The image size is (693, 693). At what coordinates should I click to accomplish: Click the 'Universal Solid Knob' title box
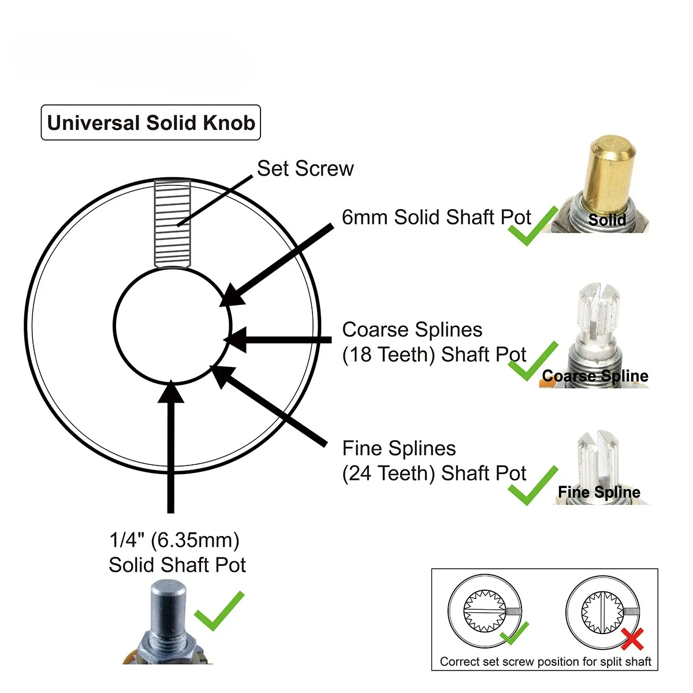pyautogui.click(x=151, y=122)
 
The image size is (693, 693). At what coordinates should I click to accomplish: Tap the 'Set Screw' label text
pyautogui.click(x=305, y=168)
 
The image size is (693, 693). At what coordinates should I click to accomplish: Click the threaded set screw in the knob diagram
pyautogui.click(x=172, y=223)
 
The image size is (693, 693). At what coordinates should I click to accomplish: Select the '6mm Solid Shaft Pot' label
pyautogui.click(x=436, y=217)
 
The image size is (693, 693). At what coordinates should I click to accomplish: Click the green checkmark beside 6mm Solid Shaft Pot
pyautogui.click(x=532, y=226)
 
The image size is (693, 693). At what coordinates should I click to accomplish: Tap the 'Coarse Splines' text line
pyautogui.click(x=412, y=329)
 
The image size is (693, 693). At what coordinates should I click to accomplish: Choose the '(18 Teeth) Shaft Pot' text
pyautogui.click(x=434, y=355)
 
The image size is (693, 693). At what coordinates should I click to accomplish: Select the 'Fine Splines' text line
pyautogui.click(x=399, y=448)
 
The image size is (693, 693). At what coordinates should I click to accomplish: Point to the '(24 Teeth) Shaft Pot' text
pyautogui.click(x=434, y=474)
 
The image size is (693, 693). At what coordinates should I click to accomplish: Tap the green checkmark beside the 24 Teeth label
pyautogui.click(x=532, y=486)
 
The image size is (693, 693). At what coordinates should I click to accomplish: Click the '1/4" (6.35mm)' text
pyautogui.click(x=174, y=540)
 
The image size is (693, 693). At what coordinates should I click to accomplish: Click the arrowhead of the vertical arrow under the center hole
pyautogui.click(x=171, y=392)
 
